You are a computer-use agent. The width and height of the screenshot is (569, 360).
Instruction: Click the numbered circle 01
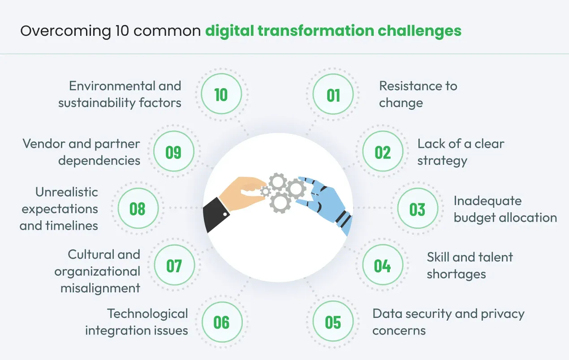(x=333, y=94)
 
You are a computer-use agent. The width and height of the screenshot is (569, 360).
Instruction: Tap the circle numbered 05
(x=333, y=321)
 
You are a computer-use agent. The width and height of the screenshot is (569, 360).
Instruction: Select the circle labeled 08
(x=138, y=208)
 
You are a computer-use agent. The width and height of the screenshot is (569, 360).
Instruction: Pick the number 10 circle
(x=221, y=94)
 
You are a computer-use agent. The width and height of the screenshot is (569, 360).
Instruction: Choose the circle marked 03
(x=418, y=208)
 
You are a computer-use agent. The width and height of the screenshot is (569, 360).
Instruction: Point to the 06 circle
(x=222, y=322)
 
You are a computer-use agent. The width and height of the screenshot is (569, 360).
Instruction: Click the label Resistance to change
(x=418, y=94)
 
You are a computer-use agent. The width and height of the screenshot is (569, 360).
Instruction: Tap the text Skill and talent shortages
(x=470, y=266)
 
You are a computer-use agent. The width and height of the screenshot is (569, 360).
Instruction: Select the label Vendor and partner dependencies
(x=81, y=152)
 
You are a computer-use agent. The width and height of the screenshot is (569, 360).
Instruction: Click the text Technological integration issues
(x=136, y=322)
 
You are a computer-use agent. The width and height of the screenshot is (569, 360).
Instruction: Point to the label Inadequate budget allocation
(x=505, y=209)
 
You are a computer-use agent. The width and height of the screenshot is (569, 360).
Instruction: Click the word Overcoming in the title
(x=65, y=31)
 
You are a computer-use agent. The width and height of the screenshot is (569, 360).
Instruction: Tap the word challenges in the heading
(x=419, y=31)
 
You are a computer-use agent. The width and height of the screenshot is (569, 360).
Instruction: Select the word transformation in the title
(x=316, y=31)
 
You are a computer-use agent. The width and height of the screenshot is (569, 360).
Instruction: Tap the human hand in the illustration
(x=242, y=193)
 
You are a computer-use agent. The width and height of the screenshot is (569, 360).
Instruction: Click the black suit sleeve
(x=216, y=214)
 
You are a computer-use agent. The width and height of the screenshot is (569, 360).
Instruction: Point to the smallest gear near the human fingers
(x=265, y=192)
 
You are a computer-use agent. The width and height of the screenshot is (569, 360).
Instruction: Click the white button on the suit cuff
(x=225, y=214)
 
